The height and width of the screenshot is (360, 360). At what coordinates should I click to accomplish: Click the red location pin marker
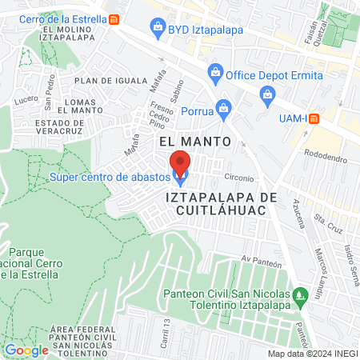pos(181,163)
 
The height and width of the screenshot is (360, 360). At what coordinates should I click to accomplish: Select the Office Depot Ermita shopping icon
pos(214,74)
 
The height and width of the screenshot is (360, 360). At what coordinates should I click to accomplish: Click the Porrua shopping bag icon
pos(224,107)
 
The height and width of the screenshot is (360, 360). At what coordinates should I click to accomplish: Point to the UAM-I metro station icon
pos(314,118)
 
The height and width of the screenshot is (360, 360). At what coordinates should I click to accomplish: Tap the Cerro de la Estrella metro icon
pos(116,18)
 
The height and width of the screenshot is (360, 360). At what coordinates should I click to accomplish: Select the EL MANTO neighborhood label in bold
pos(195,142)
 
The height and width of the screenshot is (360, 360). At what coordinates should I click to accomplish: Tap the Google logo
pos(26,350)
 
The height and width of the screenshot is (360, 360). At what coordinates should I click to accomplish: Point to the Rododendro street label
pos(326,158)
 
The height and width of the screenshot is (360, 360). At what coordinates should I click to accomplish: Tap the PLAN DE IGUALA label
pos(106,80)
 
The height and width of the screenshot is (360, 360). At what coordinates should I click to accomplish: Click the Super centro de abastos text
pos(110,176)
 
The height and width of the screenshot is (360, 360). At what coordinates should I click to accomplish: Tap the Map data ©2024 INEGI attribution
pos(312,354)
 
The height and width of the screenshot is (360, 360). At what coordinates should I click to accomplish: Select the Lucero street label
pos(26,100)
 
